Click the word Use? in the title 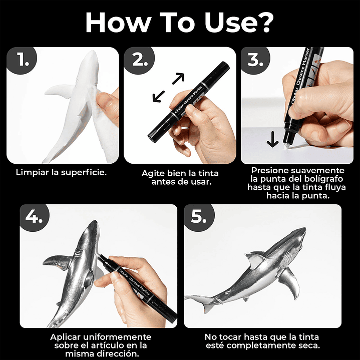pos(239,23)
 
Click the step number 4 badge pos(34,217)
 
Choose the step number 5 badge pos(199,217)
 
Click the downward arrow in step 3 pos(272,139)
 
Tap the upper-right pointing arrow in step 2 pos(178,79)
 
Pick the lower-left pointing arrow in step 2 pos(159,96)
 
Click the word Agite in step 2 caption pos(153,173)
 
